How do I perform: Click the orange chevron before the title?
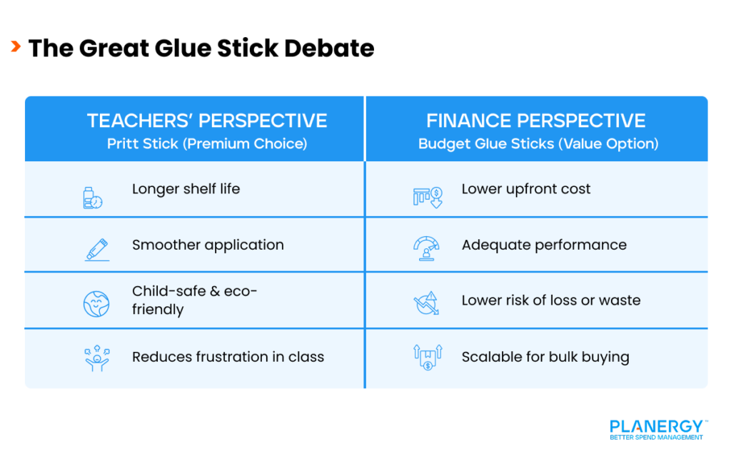coord(15,47)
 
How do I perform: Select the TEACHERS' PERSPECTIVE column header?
coord(207,121)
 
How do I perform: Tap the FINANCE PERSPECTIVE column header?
coord(536,121)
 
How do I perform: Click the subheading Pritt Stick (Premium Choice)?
coord(207,143)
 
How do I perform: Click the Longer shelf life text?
coord(186,189)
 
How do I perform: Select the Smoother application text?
coord(208,245)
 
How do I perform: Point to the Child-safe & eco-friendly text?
coord(194,300)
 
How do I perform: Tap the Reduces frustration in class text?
coord(228,357)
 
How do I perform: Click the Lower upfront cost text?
coord(526,189)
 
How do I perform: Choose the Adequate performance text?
coord(544,245)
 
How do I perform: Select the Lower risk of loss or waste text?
coord(551,300)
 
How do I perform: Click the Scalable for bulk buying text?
coord(545,357)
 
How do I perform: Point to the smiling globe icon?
coord(96,303)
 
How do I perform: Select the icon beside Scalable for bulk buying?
coord(427,358)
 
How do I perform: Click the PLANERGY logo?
coord(657,428)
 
